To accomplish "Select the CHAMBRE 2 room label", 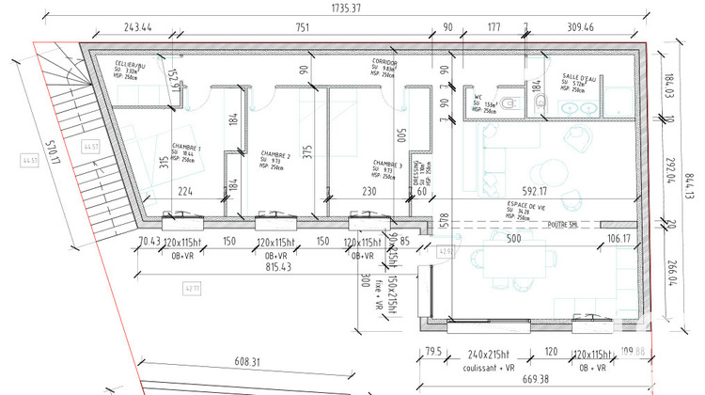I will (x=275, y=155).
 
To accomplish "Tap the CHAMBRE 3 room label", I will (x=387, y=162).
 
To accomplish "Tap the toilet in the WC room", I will (x=507, y=103).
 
